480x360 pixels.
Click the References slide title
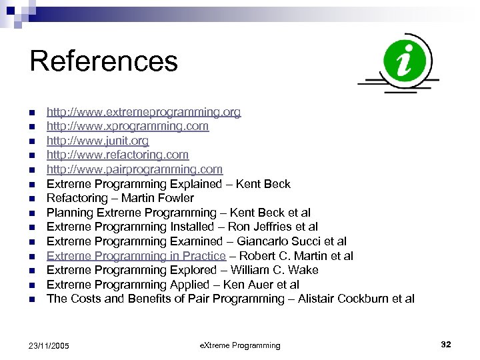[104, 61]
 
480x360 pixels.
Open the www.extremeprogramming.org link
[143, 112]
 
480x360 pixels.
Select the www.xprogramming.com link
[127, 126]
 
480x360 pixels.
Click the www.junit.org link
[97, 141]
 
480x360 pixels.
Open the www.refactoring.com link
[117, 155]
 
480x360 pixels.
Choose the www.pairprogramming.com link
[135, 169]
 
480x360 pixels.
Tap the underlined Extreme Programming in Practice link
[136, 256]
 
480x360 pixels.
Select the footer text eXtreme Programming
[240, 345]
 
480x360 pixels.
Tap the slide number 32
[446, 345]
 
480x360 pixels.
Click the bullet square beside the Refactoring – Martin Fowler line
[32, 199]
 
